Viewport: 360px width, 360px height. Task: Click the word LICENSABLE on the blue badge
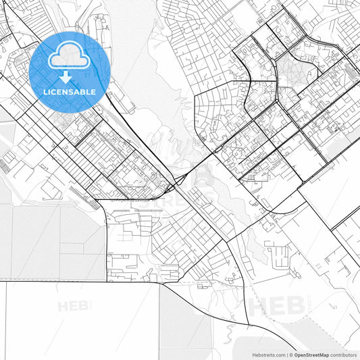point(70,92)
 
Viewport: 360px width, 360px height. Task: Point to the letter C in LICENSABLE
point(55,92)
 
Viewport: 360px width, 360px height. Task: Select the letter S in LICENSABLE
point(74,92)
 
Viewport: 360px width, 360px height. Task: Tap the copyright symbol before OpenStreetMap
point(291,354)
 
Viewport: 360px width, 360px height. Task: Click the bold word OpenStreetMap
point(312,354)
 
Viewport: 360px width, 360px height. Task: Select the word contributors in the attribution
point(343,354)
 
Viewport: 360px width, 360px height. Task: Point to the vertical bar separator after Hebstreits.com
point(286,354)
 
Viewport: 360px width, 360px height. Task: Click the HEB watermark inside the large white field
point(74,306)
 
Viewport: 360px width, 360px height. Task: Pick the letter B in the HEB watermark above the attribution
point(296,305)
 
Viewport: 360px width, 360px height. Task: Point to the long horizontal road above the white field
point(81,281)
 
